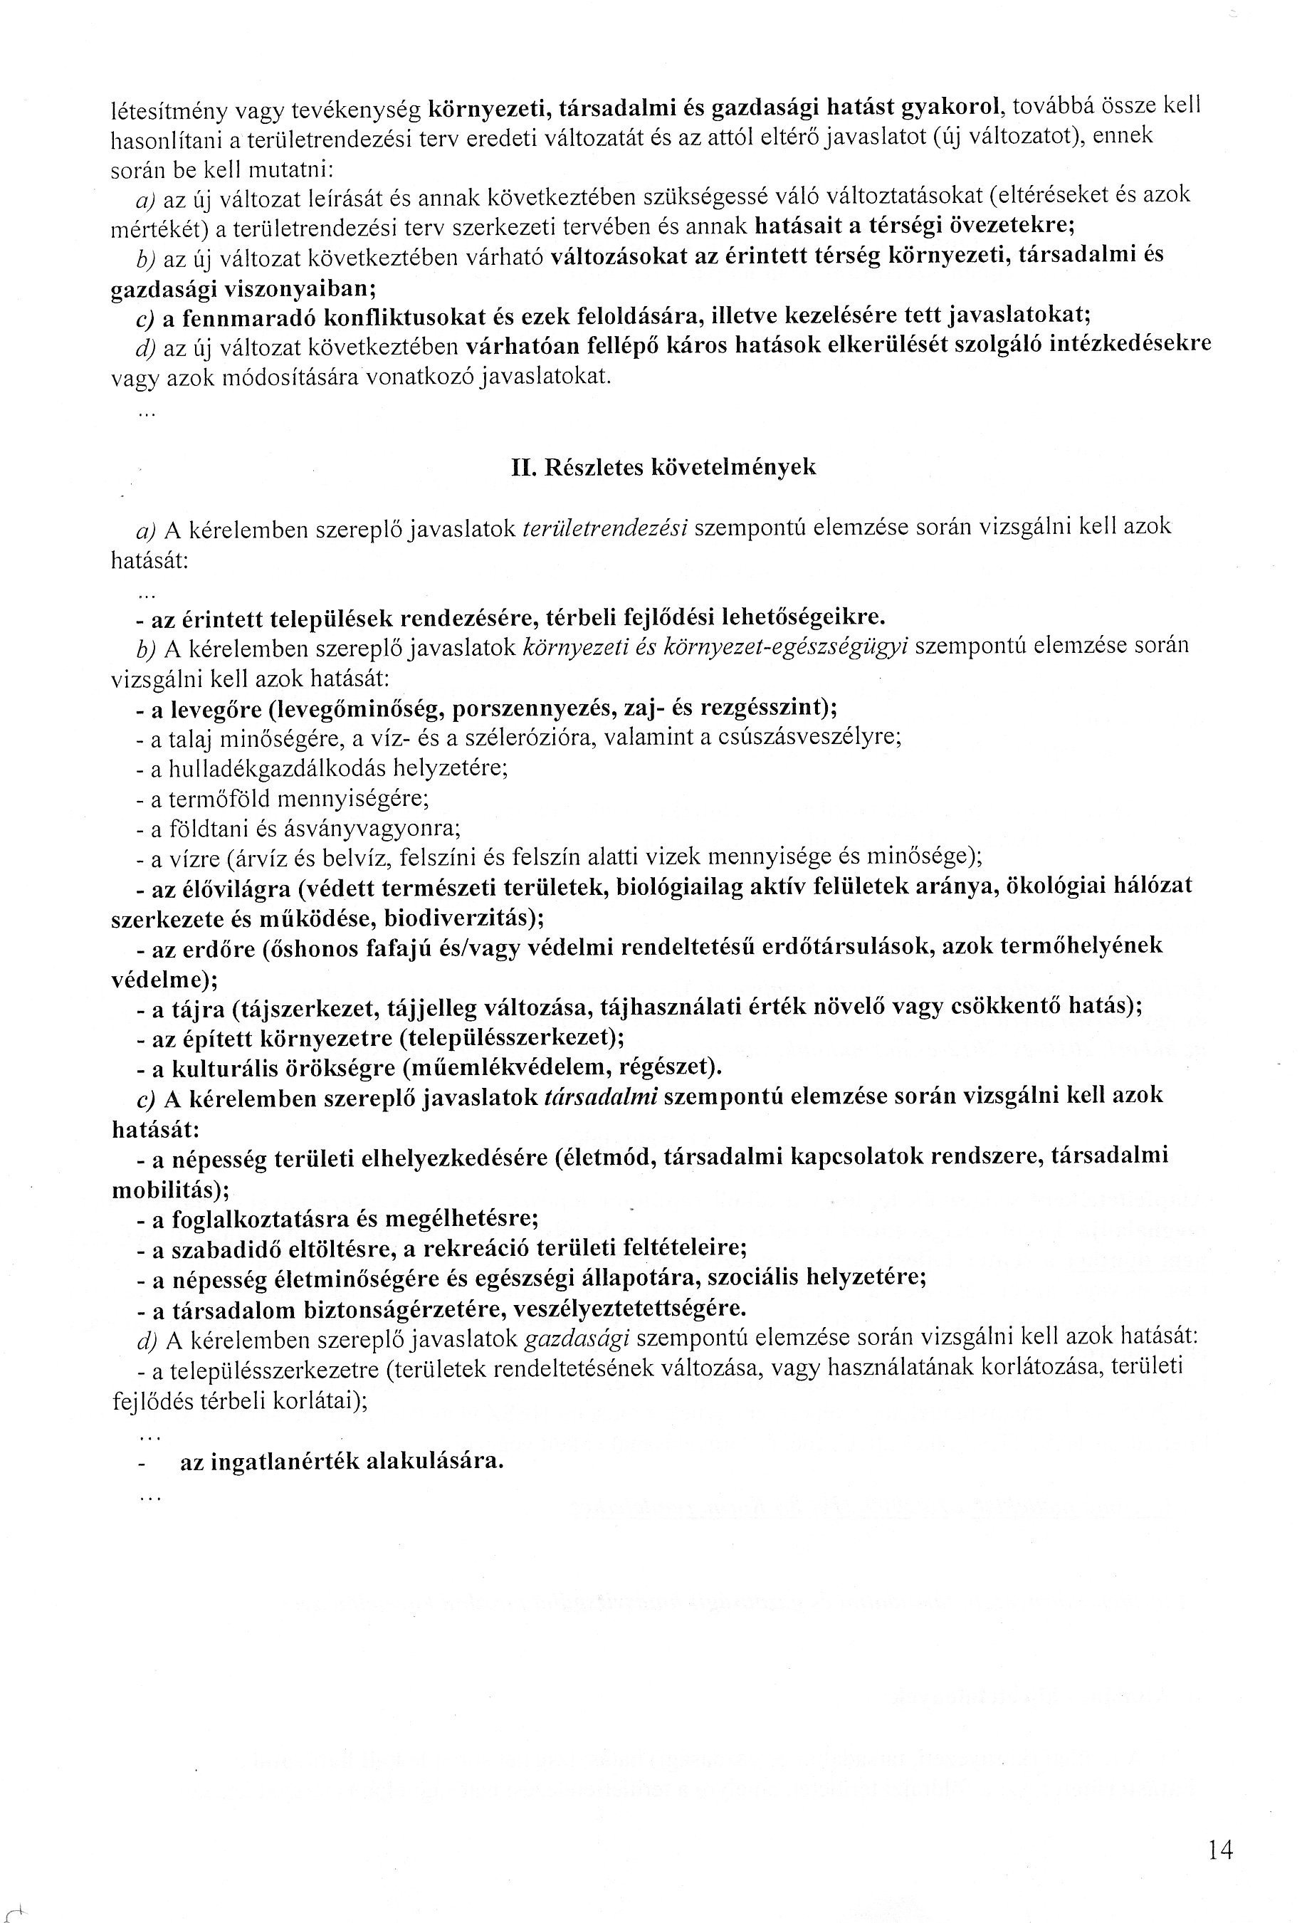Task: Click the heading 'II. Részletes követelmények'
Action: click(x=663, y=468)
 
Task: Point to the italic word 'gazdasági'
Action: click(x=577, y=1338)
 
